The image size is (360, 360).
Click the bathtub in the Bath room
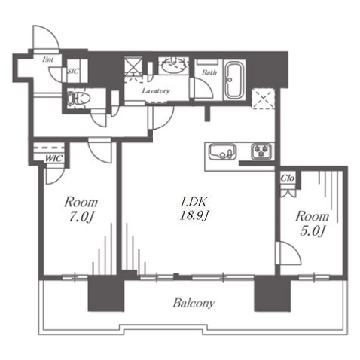tap(234, 80)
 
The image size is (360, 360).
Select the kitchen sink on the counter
tap(222, 151)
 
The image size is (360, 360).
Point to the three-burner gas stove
tap(261, 151)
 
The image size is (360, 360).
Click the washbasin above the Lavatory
tap(174, 65)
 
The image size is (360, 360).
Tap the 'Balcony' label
tap(194, 303)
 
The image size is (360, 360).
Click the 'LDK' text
tap(194, 202)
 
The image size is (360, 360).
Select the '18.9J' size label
tap(195, 215)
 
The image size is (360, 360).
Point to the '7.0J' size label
tap(81, 217)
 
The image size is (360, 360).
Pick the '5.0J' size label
tap(313, 230)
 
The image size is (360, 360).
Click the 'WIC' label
tap(53, 159)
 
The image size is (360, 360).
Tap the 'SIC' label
tap(73, 72)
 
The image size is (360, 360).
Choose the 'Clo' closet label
tap(288, 178)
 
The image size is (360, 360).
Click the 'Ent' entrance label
tap(47, 59)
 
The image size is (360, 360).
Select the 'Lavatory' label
tap(156, 90)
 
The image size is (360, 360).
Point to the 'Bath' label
tap(209, 72)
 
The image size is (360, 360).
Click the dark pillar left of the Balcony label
tap(106, 293)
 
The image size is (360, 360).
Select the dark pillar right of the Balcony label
tap(273, 293)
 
